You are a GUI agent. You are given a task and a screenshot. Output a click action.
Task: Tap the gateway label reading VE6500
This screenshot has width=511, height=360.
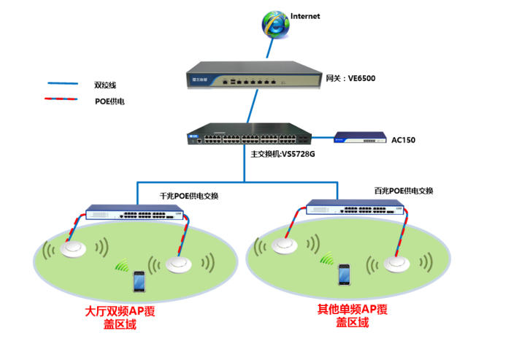pos(350,77)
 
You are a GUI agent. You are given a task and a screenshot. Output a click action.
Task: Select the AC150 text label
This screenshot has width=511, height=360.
pos(403,139)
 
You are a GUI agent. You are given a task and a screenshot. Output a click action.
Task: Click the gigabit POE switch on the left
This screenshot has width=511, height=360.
pos(135,213)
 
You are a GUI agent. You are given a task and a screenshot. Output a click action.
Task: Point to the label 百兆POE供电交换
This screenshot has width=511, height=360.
pos(403,191)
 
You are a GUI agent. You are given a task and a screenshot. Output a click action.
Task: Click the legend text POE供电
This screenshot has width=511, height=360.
pos(109,102)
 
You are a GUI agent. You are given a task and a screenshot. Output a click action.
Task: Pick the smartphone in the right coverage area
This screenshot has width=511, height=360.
pos(343,275)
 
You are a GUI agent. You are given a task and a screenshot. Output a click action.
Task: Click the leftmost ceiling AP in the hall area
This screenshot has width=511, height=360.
pos(74,250)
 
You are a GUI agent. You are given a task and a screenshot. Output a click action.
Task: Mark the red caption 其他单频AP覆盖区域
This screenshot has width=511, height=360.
pos(352,315)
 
